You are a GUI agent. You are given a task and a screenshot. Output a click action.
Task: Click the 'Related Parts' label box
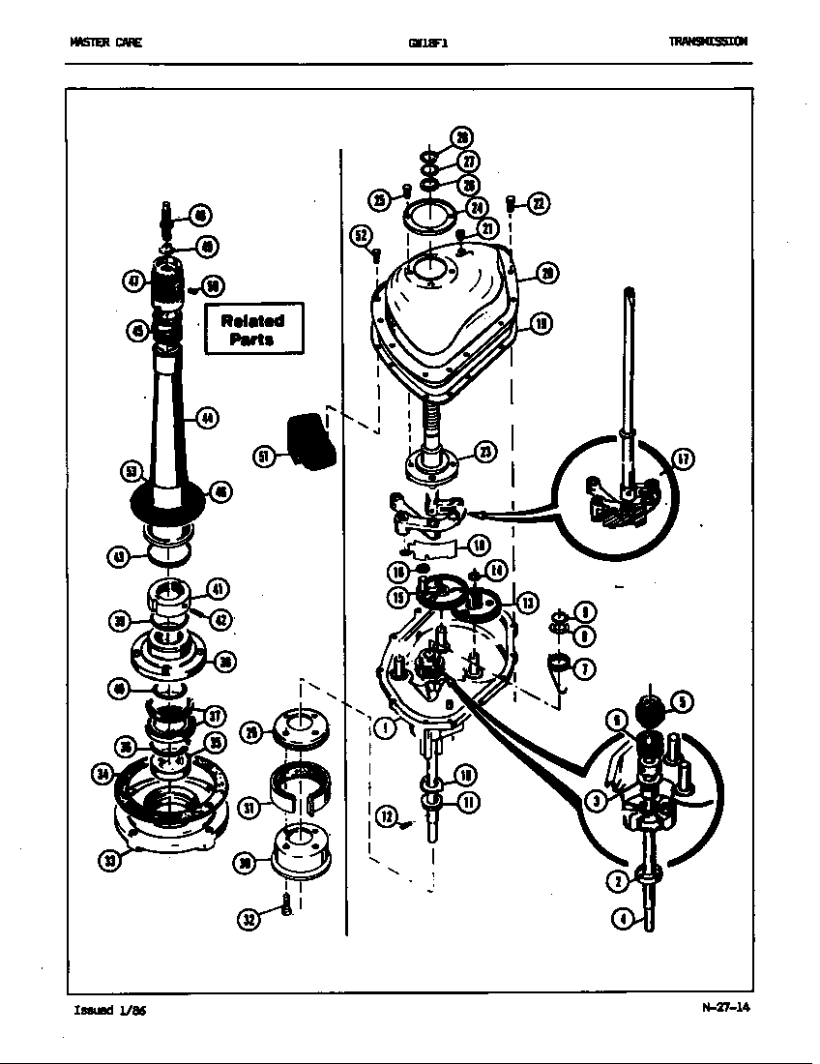(253, 329)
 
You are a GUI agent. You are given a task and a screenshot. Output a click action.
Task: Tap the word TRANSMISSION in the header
(707, 42)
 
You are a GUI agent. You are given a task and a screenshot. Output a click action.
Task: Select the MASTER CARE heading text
(105, 43)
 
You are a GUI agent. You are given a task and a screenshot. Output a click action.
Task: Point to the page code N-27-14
(725, 1007)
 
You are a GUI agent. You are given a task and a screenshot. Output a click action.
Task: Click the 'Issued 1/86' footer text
(109, 1011)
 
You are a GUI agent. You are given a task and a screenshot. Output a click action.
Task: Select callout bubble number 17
(682, 460)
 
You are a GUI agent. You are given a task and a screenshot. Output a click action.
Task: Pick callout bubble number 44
(207, 418)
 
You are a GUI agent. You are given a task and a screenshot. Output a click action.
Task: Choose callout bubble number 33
(111, 861)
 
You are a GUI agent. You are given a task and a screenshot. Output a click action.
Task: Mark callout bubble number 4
(624, 919)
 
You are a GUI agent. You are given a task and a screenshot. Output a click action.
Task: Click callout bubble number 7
(584, 667)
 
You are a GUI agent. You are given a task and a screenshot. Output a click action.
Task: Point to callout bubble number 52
(362, 235)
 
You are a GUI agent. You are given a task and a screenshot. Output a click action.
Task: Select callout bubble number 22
(537, 203)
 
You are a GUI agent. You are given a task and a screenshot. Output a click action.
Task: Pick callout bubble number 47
(133, 281)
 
